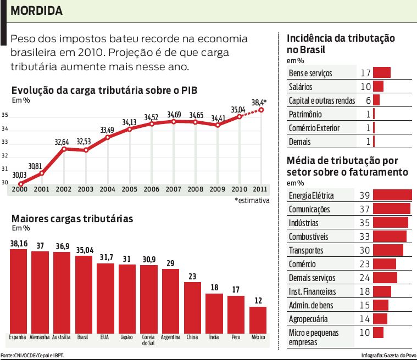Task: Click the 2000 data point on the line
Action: pyautogui.click(x=20, y=184)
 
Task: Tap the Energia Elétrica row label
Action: pyautogui.click(x=311, y=195)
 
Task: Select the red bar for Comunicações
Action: pyautogui.click(x=391, y=209)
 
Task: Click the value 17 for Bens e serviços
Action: pyautogui.click(x=366, y=73)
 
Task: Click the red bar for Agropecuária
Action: pyautogui.click(x=380, y=319)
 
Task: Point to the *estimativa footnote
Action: pyautogui.click(x=252, y=201)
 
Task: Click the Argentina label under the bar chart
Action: pyautogui.click(x=170, y=337)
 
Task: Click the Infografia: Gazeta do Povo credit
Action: pyautogui.click(x=388, y=355)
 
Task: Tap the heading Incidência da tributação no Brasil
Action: pyautogui.click(x=341, y=43)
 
